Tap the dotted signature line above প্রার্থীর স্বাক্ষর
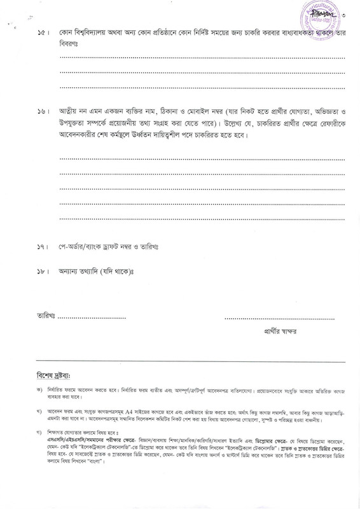pos(285,316)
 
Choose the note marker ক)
pos(40,390)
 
